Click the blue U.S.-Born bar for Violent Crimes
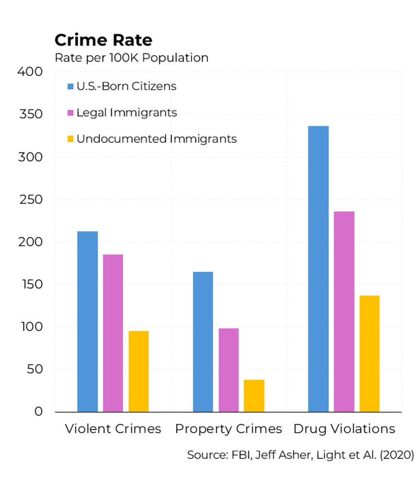pyautogui.click(x=87, y=321)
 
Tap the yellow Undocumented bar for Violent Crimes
pyautogui.click(x=138, y=371)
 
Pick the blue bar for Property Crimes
pyautogui.click(x=203, y=342)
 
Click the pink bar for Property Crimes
pyautogui.click(x=228, y=370)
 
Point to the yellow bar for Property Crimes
pyautogui.click(x=254, y=395)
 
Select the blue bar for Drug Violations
pyautogui.click(x=318, y=269)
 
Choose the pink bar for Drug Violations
pyautogui.click(x=344, y=312)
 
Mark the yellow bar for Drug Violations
pyautogui.click(x=369, y=353)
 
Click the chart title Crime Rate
pyautogui.click(x=103, y=40)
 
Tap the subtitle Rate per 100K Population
pyautogui.click(x=131, y=58)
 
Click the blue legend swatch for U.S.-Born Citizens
pyautogui.click(x=70, y=87)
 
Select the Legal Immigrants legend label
pyautogui.click(x=127, y=113)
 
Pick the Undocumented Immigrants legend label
pyautogui.click(x=156, y=139)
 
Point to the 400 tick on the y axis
pyautogui.click(x=30, y=72)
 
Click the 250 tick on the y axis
pyautogui.click(x=31, y=199)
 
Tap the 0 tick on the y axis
pyautogui.click(x=38, y=412)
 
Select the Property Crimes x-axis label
pyautogui.click(x=228, y=429)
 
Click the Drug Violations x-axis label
pyautogui.click(x=344, y=429)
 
